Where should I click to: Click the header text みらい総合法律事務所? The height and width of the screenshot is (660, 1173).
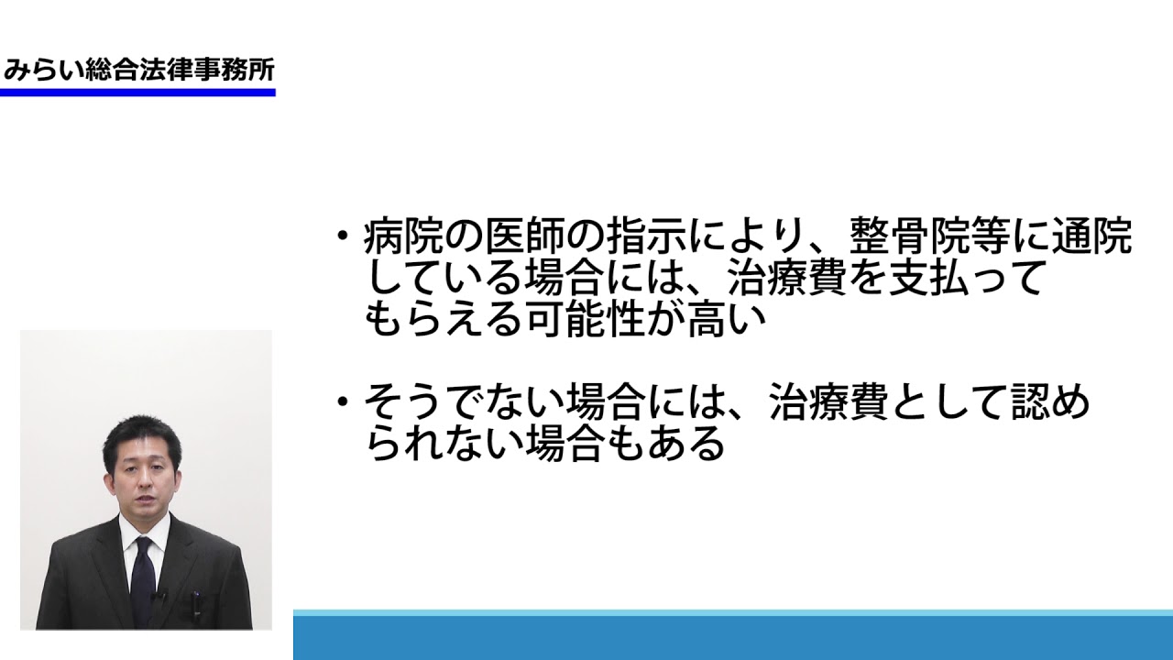(x=138, y=70)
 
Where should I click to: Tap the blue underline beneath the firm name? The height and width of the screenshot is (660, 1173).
(x=137, y=93)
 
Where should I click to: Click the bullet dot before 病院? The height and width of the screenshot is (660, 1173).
(x=343, y=236)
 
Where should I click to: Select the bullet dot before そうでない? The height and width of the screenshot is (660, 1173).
(x=343, y=401)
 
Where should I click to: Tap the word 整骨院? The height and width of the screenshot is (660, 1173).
(x=908, y=236)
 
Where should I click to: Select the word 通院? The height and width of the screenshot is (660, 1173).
(x=1091, y=236)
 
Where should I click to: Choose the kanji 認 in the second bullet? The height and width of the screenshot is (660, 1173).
(x=1030, y=401)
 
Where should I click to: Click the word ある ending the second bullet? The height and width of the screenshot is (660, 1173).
(x=686, y=443)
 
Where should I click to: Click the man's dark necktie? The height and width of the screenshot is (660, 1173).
(x=143, y=580)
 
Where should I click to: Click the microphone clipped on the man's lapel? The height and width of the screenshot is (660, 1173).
(x=159, y=597)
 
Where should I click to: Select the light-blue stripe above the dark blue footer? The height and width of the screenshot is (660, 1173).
(x=733, y=612)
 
